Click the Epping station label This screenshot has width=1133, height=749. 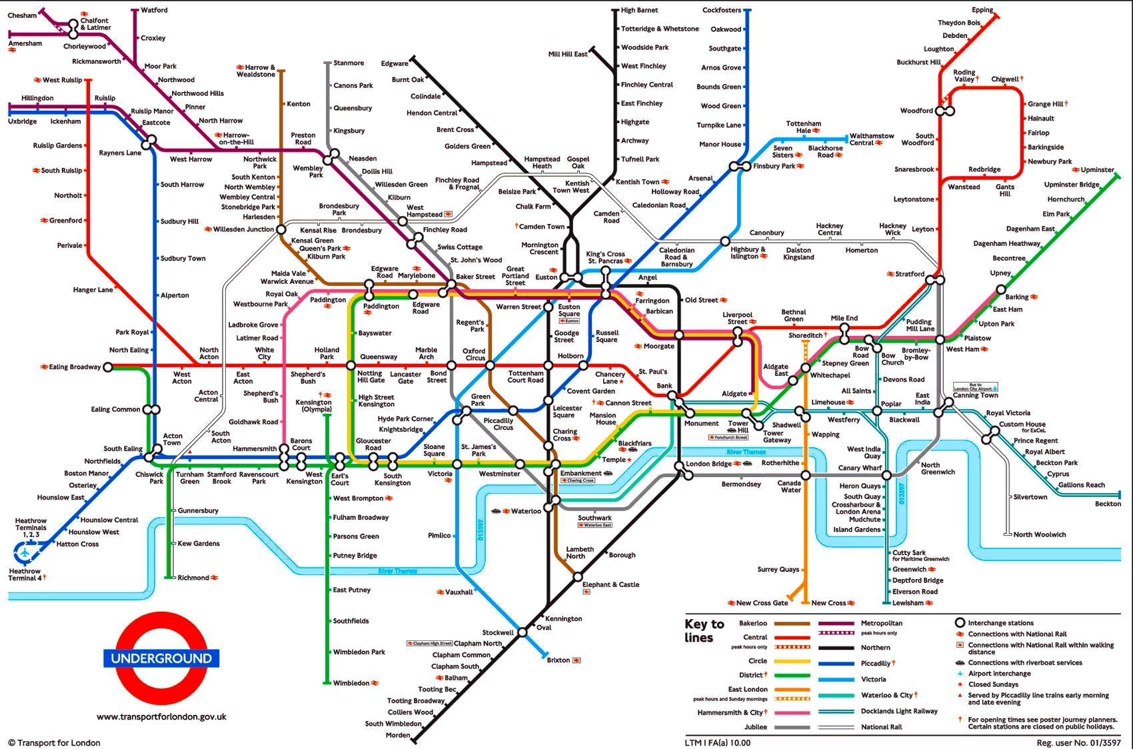982,10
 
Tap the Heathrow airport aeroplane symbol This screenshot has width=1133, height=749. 25,552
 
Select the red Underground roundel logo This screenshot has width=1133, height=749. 161,658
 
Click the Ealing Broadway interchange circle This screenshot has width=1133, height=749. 108,367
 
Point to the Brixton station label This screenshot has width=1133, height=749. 559,660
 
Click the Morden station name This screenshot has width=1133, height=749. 398,735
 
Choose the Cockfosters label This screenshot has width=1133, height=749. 721,10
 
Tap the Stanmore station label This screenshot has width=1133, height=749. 349,63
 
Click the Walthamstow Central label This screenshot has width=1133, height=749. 872,139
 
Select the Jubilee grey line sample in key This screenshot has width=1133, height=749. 792,727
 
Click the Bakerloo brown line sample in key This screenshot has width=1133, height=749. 792,624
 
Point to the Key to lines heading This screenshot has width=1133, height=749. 704,630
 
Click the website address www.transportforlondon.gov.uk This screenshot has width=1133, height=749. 161,717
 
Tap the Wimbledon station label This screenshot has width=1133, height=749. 351,683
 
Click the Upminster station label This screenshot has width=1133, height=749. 1097,170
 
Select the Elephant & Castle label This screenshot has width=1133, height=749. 610,584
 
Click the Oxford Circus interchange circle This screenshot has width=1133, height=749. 490,365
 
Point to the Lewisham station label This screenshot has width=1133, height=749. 908,602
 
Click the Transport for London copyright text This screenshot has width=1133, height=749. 55,742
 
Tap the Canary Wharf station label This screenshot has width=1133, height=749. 860,468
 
